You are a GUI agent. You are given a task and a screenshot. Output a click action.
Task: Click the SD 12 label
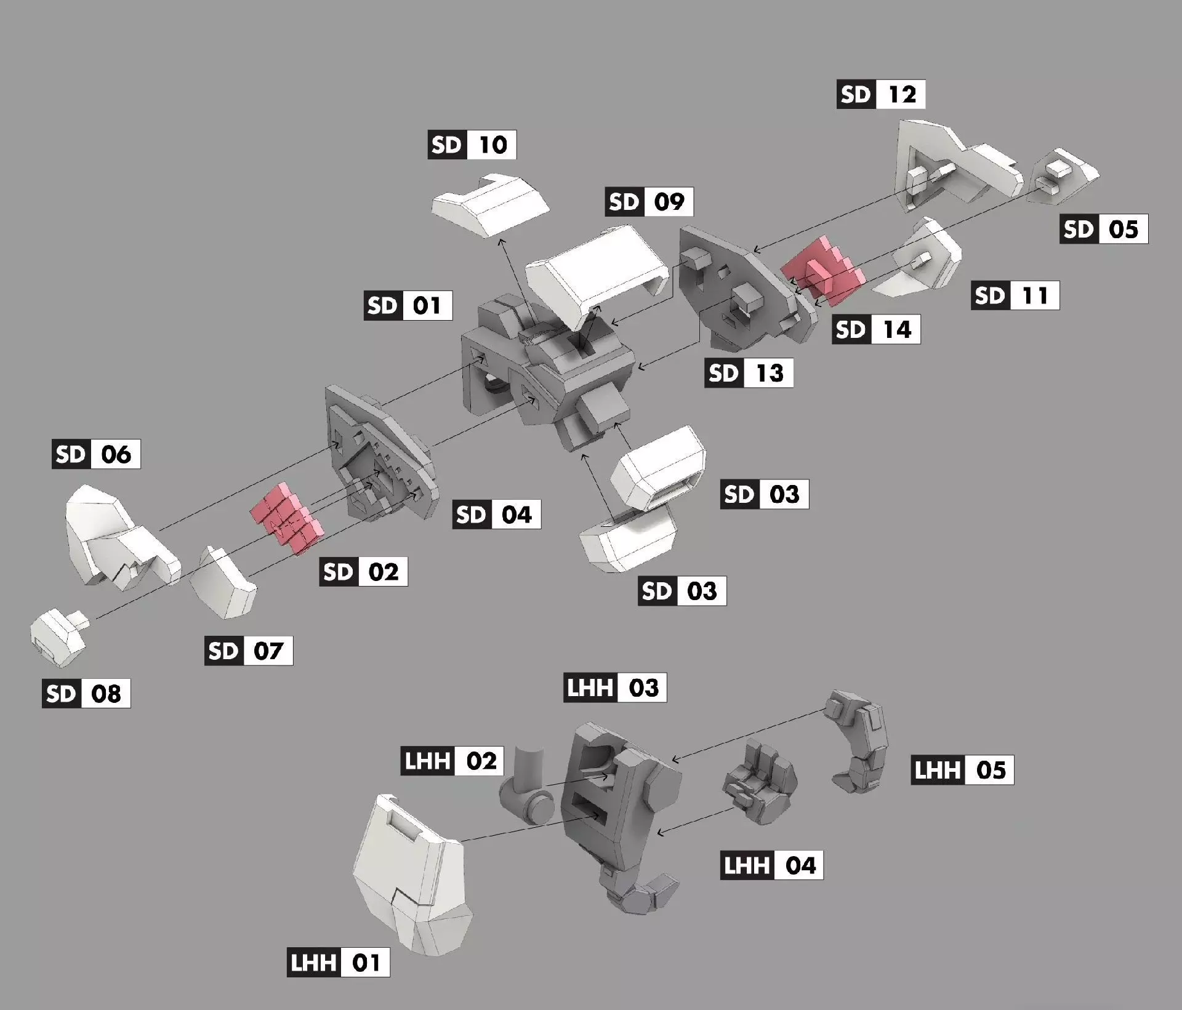click(880, 94)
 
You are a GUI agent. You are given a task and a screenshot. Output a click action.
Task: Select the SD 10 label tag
click(472, 145)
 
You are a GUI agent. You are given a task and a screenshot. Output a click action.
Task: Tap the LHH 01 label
click(338, 962)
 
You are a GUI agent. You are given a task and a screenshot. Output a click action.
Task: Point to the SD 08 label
click(86, 694)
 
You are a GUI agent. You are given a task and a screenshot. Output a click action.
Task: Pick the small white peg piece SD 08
click(57, 638)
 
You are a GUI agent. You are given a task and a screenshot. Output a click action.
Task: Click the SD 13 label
click(749, 373)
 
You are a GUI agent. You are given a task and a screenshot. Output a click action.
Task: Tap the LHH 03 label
click(614, 687)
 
